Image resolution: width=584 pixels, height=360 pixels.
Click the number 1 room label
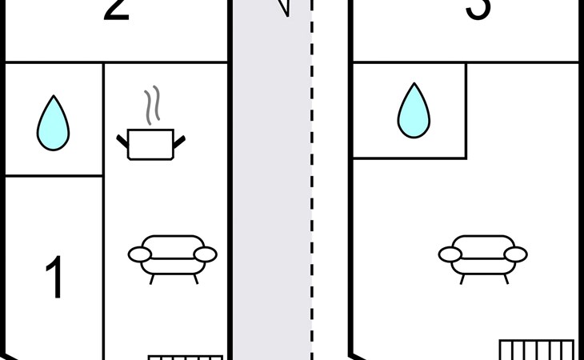point(54,278)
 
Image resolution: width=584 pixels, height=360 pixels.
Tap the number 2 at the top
point(117,10)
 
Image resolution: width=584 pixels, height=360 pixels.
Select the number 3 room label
point(478,10)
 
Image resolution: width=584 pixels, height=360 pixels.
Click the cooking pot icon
point(150,144)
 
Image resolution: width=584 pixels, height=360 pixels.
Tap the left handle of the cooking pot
point(122,142)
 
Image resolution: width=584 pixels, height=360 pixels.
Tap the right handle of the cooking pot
point(180,142)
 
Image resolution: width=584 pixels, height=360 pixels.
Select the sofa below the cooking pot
point(173,254)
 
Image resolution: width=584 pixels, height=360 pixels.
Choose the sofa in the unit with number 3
point(482,254)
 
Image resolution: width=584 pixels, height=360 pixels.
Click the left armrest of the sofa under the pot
point(140,254)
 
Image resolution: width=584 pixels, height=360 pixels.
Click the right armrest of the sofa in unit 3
point(515,254)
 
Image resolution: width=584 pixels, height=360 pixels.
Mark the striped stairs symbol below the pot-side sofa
point(185,358)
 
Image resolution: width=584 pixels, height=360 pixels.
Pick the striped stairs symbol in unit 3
point(536,350)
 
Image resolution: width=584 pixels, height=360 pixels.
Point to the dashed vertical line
point(312,200)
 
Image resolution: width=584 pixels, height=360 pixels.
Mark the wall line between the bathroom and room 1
point(54,175)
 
